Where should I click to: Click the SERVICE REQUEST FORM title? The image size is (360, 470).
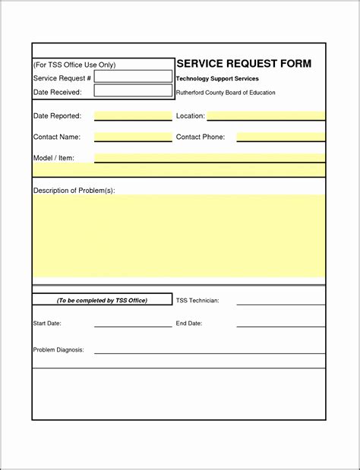click(244, 64)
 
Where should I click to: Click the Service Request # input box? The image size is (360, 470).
click(133, 77)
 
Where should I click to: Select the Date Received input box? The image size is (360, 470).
click(133, 91)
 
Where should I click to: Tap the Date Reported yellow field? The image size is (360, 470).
click(133, 116)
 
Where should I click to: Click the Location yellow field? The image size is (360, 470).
click(266, 116)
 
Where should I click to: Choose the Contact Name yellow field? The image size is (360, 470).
click(133, 137)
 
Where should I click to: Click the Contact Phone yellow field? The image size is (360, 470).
click(280, 137)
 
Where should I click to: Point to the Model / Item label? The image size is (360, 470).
click(53, 158)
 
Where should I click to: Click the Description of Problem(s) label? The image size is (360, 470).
click(74, 191)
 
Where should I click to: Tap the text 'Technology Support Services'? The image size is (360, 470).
click(217, 79)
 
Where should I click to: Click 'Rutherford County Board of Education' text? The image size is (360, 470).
click(226, 93)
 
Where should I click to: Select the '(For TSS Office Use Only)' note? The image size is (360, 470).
click(74, 65)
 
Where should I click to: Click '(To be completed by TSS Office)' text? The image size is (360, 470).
click(102, 301)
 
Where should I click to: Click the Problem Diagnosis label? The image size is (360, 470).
click(58, 350)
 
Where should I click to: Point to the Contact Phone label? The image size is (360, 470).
click(201, 137)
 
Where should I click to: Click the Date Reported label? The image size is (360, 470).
click(57, 116)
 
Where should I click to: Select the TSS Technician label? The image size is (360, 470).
click(197, 301)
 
